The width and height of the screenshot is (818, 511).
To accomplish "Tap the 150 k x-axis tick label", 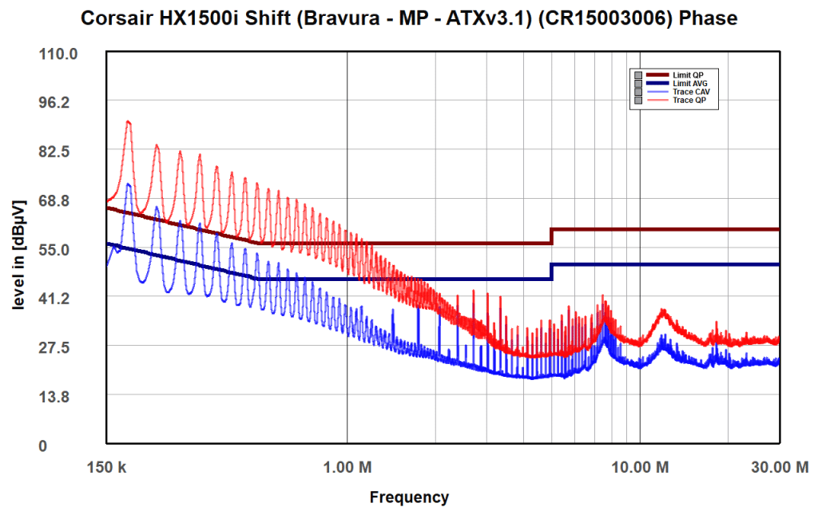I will pos(107,465).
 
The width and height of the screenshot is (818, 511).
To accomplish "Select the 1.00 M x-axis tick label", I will pos(347,465).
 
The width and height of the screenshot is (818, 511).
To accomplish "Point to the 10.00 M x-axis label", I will pos(639,465).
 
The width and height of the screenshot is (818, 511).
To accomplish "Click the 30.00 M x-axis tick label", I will pos(779,465).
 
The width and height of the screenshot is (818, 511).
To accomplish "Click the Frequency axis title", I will pos(409,497).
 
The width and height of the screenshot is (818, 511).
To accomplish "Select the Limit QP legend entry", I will pos(688,75).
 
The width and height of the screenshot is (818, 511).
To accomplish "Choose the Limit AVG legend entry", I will pos(689,83).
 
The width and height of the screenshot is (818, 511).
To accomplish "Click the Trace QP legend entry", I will pos(689,101).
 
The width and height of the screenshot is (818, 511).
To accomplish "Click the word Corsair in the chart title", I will pos(118,18).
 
